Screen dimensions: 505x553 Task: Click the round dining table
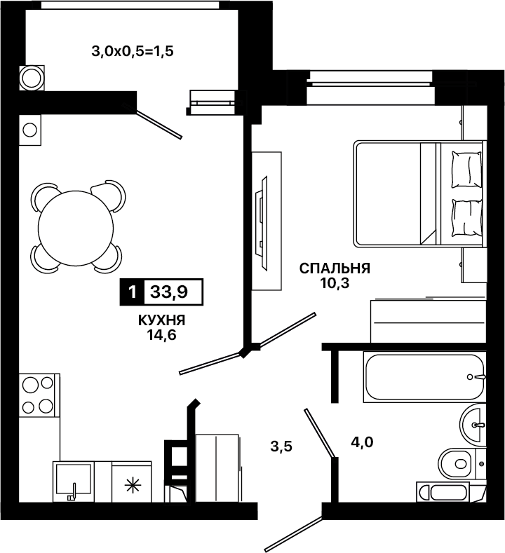[x=76, y=228]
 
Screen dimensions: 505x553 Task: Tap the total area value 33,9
[x=169, y=292]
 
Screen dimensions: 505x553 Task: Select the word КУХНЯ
[x=161, y=320]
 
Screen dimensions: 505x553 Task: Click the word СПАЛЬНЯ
[x=335, y=268]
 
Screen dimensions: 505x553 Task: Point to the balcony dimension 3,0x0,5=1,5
[x=133, y=51]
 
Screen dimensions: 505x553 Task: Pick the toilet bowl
[x=457, y=463]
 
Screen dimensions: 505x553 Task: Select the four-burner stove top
[x=38, y=395]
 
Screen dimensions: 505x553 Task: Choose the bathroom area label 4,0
[x=362, y=442]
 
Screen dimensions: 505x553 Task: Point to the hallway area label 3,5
[x=281, y=446]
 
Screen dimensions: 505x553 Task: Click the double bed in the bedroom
[x=419, y=193]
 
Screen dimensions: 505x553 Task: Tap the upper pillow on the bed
[x=466, y=170]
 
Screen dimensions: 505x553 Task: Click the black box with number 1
[x=133, y=292]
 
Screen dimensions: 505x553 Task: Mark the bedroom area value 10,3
[x=335, y=283]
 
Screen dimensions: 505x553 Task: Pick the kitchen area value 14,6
[x=161, y=334]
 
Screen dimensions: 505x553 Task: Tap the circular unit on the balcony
[x=32, y=78]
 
